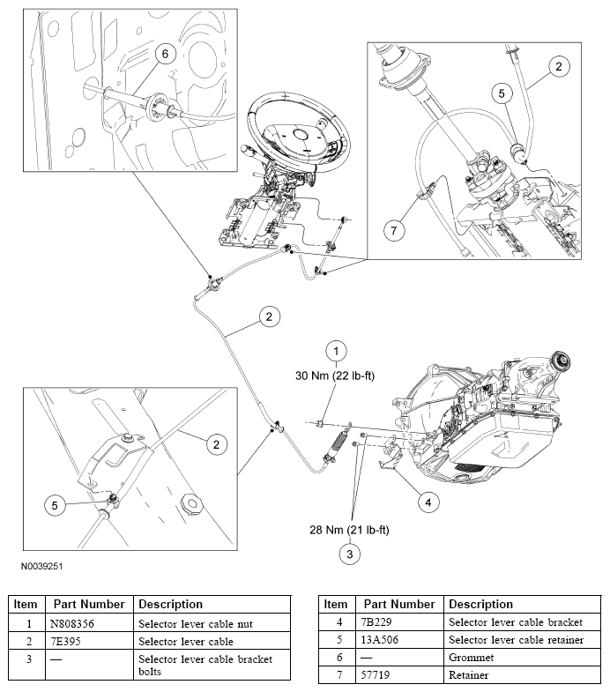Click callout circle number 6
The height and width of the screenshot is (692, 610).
165,54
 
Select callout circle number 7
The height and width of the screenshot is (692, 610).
394,230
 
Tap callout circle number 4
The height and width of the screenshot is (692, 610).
428,502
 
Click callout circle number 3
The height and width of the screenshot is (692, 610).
350,554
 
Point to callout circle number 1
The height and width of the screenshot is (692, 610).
336,352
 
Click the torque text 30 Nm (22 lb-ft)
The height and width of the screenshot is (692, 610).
335,376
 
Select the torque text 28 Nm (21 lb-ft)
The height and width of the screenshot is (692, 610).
349,530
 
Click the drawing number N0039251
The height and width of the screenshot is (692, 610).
42,566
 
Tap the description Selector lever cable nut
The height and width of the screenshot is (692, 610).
196,623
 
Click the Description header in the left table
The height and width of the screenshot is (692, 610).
170,604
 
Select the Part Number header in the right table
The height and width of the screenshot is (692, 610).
399,604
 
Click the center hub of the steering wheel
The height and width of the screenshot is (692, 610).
302,135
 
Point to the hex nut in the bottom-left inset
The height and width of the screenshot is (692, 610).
192,503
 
